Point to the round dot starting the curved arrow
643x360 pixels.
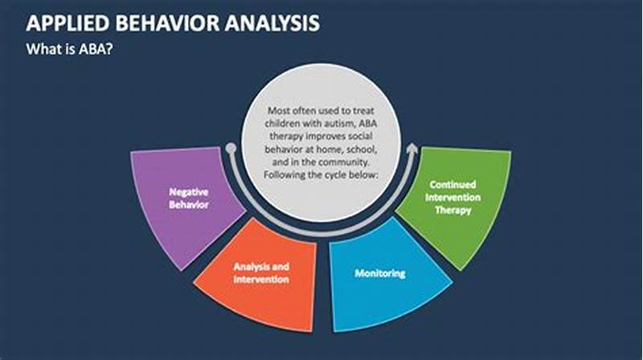coord(231,149)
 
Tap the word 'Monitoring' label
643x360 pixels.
coord(380,274)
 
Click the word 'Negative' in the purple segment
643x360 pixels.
coord(187,192)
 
